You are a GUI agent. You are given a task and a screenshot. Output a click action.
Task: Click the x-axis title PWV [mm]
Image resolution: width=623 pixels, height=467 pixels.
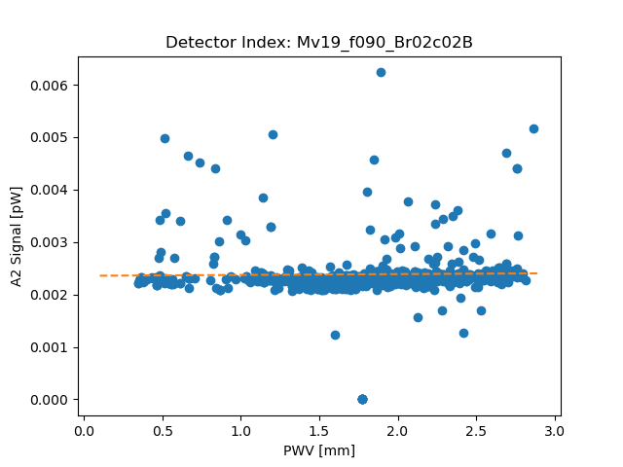tap(319, 449)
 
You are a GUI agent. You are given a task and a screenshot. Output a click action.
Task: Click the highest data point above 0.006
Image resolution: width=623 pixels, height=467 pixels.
tap(381, 72)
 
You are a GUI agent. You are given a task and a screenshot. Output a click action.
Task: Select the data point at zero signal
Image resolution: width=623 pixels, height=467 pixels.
tap(362, 399)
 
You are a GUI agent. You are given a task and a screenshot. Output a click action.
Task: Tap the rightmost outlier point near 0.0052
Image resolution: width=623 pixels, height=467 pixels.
tap(533, 128)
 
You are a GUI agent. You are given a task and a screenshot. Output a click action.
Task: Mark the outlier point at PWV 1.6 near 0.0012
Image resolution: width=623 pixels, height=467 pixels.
tap(335, 335)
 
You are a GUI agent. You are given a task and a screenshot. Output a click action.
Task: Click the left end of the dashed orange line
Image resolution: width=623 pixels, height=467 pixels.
tap(100, 275)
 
